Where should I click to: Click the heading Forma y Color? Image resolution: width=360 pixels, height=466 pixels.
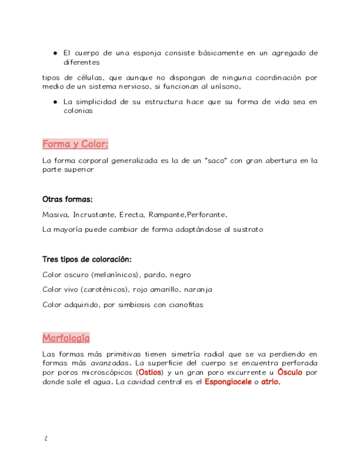[75, 144]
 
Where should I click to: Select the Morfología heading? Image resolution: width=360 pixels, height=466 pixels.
[65, 337]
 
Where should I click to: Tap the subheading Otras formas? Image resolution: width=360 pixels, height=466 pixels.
[67, 199]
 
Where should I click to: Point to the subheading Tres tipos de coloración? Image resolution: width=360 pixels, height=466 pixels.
[86, 259]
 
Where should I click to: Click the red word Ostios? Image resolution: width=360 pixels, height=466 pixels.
[151, 373]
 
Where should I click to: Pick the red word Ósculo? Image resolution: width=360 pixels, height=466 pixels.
[290, 373]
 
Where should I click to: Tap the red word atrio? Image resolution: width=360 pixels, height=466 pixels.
[270, 382]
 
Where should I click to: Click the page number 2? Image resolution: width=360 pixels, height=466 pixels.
[46, 439]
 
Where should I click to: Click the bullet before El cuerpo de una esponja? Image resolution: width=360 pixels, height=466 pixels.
[56, 53]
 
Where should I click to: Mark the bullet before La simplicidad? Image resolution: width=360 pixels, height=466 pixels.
[56, 102]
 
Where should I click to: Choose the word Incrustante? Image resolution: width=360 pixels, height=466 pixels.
[93, 214]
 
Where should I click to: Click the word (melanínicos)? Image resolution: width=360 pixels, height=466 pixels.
[117, 274]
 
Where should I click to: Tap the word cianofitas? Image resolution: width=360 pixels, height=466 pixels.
[185, 304]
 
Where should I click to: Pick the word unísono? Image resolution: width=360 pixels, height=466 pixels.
[225, 86]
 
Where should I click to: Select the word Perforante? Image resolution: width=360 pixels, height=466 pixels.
[207, 214]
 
